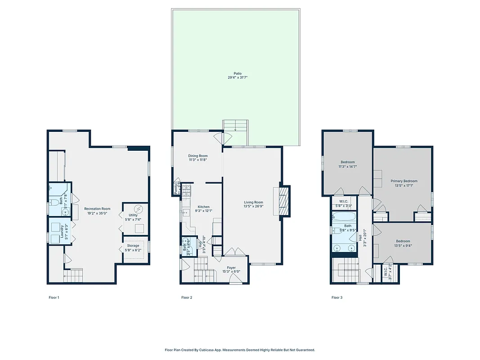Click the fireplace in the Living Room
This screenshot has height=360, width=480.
pyautogui.click(x=283, y=202)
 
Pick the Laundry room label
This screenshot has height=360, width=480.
pyautogui.click(x=62, y=232)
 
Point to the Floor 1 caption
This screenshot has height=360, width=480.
pyautogui.click(x=54, y=297)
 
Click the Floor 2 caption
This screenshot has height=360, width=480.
pyautogui.click(x=187, y=297)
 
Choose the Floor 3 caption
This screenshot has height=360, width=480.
pyautogui.click(x=337, y=297)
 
